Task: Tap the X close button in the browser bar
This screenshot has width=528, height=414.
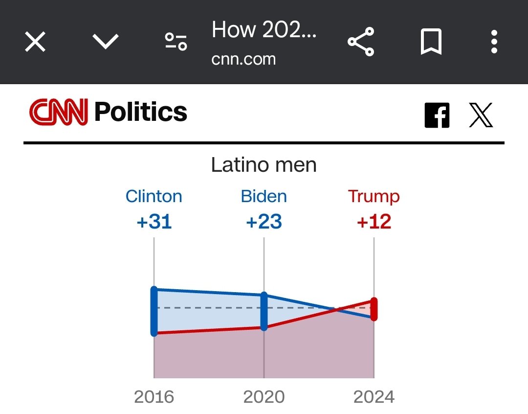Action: click(x=35, y=42)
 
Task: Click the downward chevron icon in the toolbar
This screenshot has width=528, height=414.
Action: click(x=106, y=42)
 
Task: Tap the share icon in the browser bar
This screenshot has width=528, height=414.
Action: click(x=361, y=42)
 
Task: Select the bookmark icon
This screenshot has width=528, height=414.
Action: click(x=431, y=42)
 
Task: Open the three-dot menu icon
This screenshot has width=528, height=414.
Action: click(x=494, y=42)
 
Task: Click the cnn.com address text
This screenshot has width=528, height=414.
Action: click(x=243, y=59)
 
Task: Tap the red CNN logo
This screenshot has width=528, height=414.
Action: click(x=59, y=112)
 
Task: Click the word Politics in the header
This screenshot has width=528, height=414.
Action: click(x=141, y=112)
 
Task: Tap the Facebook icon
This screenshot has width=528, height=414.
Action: click(x=437, y=115)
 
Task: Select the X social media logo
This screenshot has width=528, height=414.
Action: click(x=481, y=115)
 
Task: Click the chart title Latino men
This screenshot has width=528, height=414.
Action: click(x=264, y=165)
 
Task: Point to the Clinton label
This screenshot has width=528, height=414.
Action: click(x=154, y=196)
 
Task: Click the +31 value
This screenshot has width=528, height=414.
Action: click(x=154, y=222)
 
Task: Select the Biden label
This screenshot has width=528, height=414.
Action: click(x=264, y=196)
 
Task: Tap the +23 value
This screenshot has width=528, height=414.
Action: click(x=264, y=222)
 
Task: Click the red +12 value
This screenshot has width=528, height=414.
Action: click(x=374, y=222)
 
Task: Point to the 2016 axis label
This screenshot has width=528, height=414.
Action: click(x=154, y=396)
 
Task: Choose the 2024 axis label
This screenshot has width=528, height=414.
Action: click(x=374, y=396)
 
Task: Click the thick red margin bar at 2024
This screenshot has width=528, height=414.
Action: click(x=374, y=309)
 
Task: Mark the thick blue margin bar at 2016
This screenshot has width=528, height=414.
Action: click(x=154, y=312)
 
